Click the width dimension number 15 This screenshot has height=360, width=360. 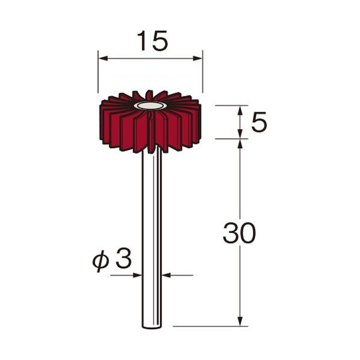pyautogui.click(x=152, y=41)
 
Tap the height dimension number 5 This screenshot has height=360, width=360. pyautogui.click(x=259, y=122)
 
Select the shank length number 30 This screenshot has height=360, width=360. pyautogui.click(x=239, y=233)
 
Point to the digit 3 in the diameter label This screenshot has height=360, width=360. pyautogui.click(x=124, y=258)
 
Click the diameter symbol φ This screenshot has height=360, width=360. pyautogui.click(x=100, y=260)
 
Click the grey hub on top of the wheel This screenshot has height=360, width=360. pyautogui.click(x=151, y=106)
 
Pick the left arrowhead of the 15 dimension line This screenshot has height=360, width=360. pyautogui.click(x=103, y=59)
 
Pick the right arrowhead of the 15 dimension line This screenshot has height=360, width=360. pyautogui.click(x=197, y=59)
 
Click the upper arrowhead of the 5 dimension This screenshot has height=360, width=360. pyautogui.click(x=240, y=110)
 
